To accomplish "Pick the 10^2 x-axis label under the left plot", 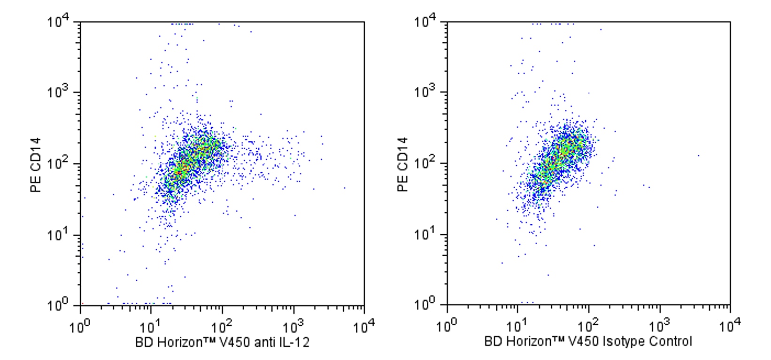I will tap(223, 326).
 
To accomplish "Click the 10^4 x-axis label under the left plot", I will tap(364, 326).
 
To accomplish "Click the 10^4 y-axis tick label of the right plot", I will tap(425, 22).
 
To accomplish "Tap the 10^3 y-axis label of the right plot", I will tap(425, 93).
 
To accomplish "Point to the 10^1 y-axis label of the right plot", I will tap(425, 235).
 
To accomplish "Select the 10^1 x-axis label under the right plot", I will tap(518, 326).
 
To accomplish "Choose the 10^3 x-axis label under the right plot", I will tap(660, 326).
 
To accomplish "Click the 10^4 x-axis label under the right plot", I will tap(731, 326).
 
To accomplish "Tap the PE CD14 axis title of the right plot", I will tap(402, 165).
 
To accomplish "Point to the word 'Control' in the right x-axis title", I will tap(671, 341).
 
